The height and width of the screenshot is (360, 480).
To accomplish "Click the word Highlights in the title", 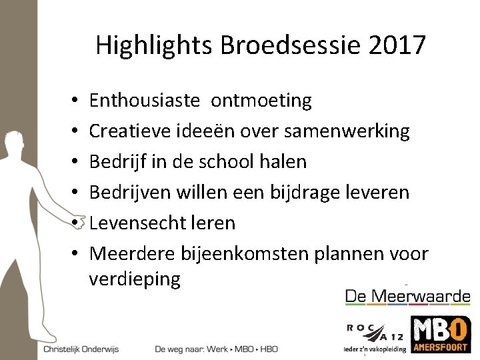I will coord(152,45).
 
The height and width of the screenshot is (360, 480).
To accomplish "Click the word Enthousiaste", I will coord(144,101).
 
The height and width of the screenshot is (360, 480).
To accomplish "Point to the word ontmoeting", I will coord(261,101).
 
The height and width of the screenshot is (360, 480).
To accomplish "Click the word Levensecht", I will coord(140,223).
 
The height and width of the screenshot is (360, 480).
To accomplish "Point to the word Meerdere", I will coord(132,253).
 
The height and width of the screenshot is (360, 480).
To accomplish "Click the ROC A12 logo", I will coord(374,331).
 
